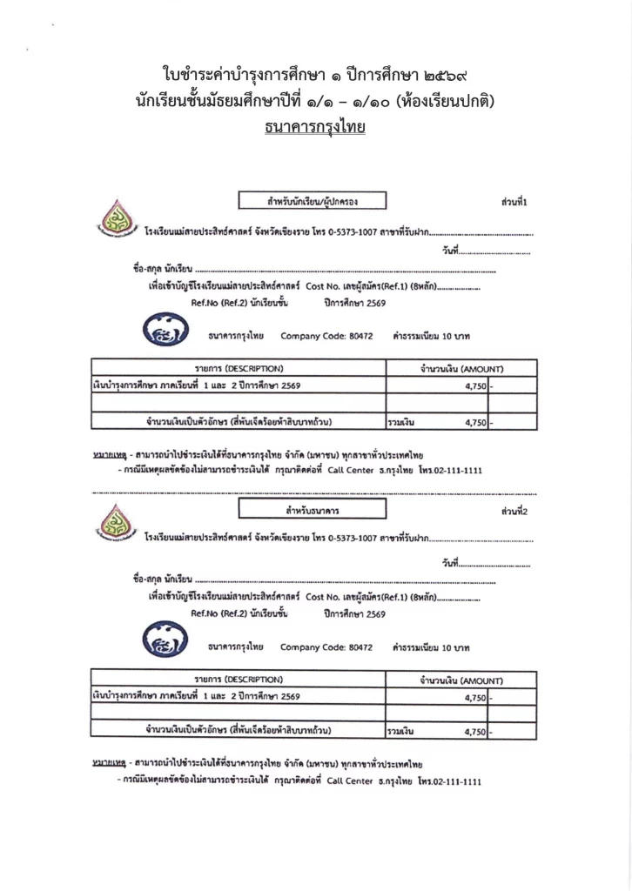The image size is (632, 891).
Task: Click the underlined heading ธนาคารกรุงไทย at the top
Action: (x=315, y=128)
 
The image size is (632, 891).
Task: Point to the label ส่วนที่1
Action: (x=515, y=202)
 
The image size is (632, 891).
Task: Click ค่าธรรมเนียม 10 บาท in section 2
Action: (x=431, y=648)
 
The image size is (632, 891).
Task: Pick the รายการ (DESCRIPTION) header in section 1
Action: (x=238, y=369)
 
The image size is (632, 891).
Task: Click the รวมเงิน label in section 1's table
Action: (x=400, y=423)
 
